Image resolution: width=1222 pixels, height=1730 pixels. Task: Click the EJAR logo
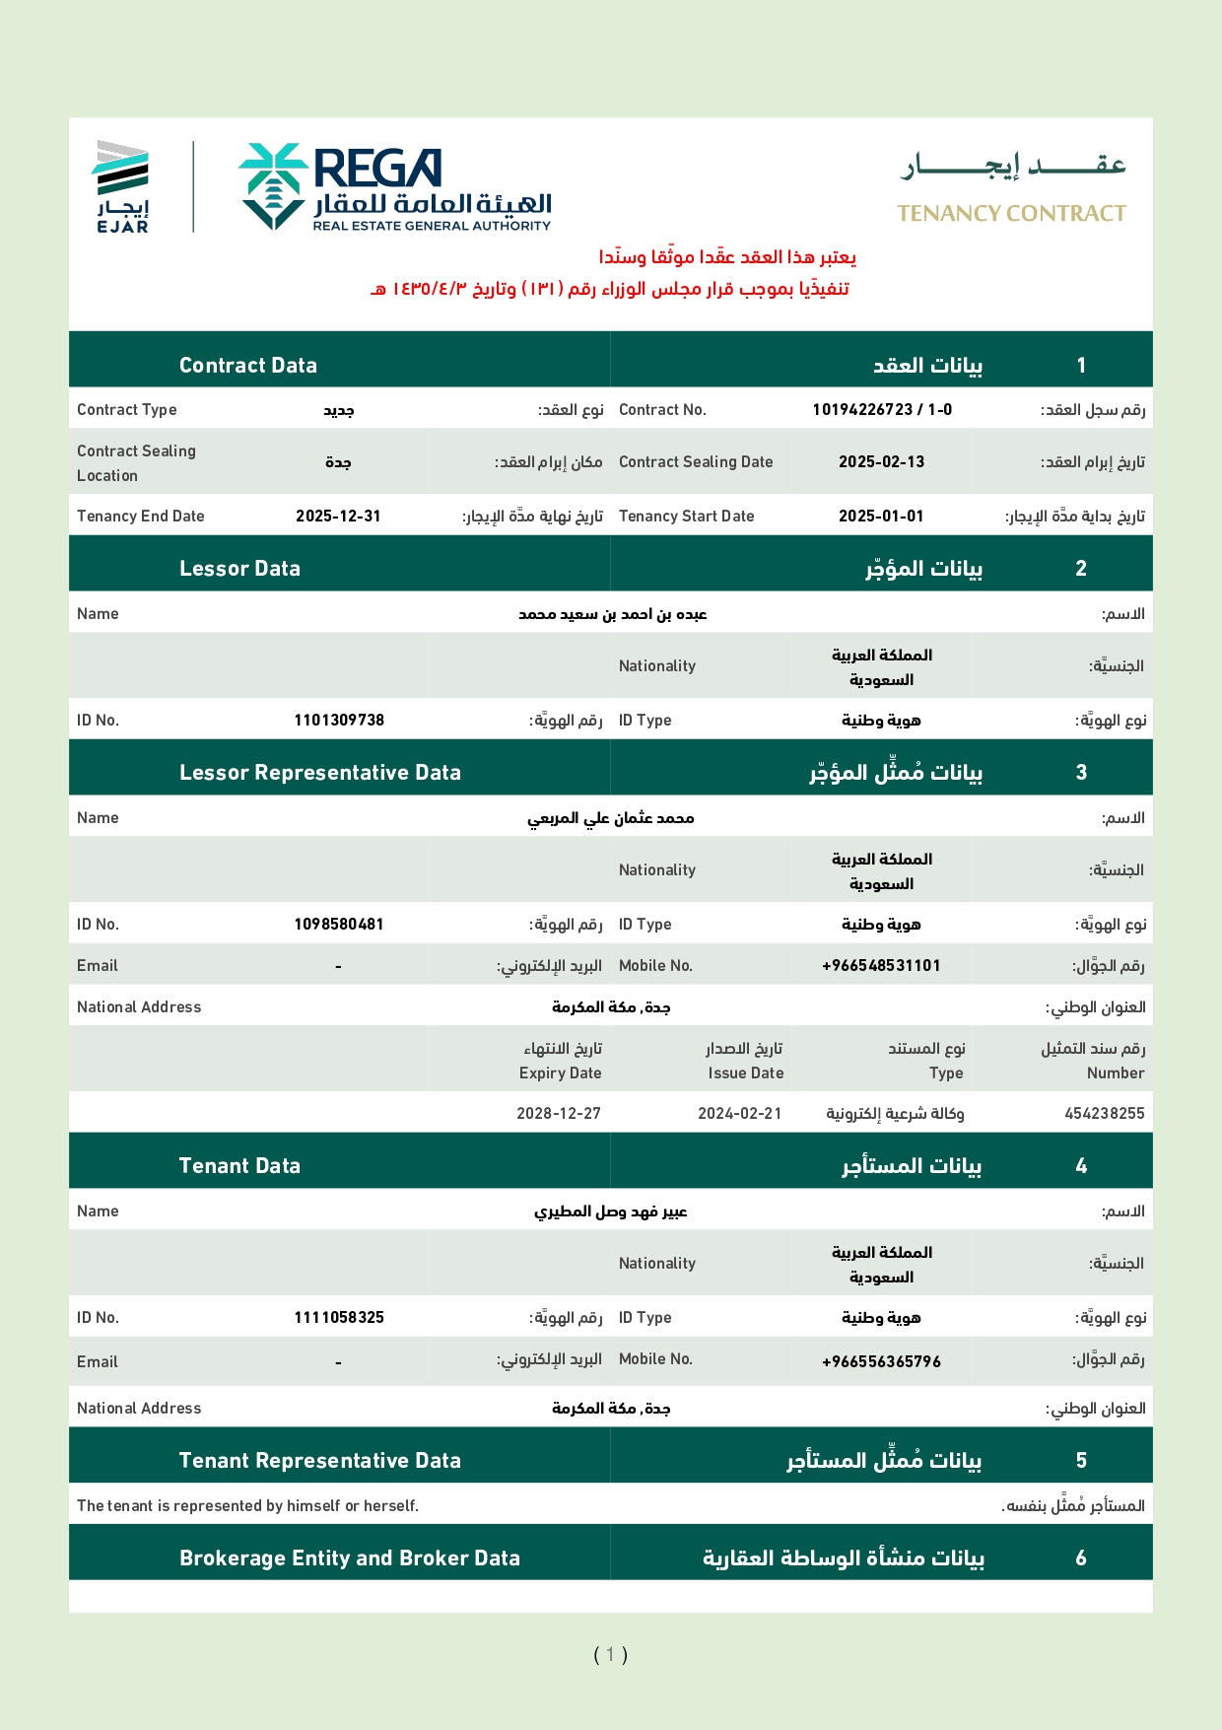pos(122,186)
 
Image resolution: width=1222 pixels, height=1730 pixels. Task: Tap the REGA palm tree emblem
pos(273,185)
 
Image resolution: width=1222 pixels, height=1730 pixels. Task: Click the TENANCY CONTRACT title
pos(1011,213)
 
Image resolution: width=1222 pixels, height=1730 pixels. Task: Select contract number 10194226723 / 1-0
pos(882,409)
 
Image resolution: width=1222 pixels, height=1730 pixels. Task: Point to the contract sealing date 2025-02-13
pos(881,461)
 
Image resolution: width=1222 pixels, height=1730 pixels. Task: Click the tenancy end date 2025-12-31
pos(338,516)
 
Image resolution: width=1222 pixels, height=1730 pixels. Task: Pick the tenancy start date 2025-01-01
pos(881,516)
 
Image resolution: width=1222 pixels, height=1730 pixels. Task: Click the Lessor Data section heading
pos(239,568)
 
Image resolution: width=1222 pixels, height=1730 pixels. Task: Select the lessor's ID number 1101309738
pos(339,720)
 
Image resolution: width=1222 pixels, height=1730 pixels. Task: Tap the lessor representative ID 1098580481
pos(339,924)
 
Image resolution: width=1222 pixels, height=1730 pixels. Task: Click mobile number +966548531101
pos(881,965)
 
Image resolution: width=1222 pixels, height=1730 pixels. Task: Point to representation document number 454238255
pos(1104,1113)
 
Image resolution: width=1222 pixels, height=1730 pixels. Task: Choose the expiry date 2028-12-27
pos(559,1113)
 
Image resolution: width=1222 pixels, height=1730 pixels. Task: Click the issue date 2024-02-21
pos(740,1113)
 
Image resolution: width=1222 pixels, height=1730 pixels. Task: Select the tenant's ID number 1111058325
pos(339,1317)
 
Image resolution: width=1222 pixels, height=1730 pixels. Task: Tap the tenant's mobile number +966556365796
pos(881,1361)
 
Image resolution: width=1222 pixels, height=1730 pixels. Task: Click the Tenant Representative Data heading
pos(319,1460)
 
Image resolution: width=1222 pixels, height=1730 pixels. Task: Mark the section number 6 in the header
pos(1081,1557)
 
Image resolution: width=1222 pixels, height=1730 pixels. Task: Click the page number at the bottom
pos(610,1654)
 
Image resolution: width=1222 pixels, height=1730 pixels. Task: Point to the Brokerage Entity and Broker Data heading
pos(349,1557)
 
